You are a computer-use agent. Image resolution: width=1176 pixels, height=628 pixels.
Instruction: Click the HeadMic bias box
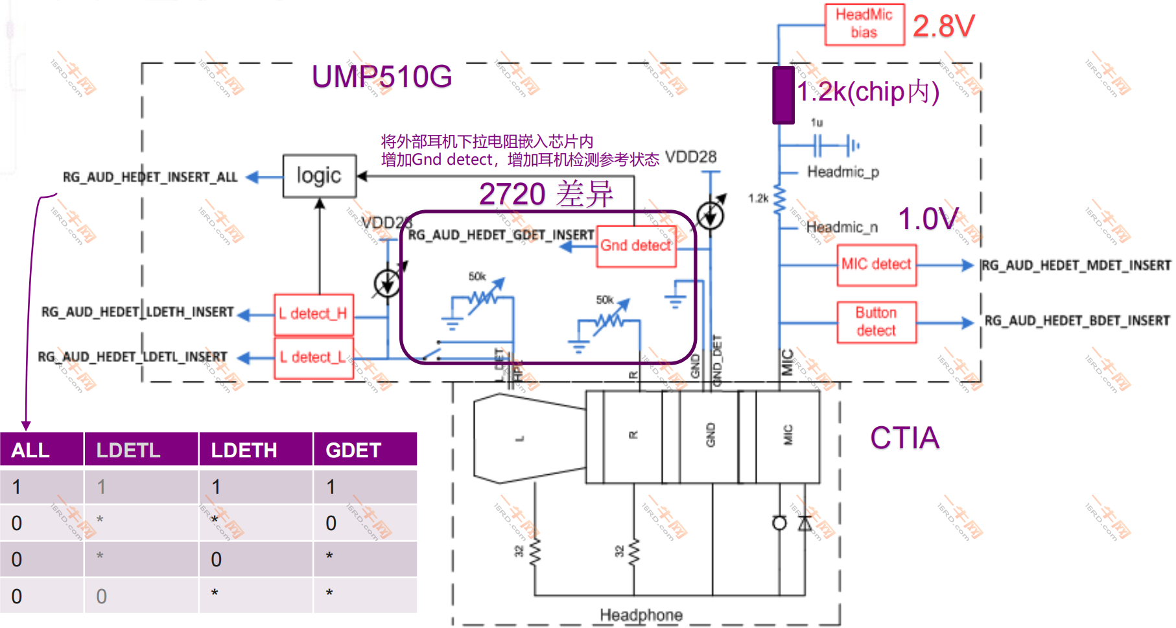click(x=864, y=24)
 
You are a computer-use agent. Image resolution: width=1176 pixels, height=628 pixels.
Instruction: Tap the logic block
click(x=319, y=176)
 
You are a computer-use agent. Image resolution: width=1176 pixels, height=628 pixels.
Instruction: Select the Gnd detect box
click(x=636, y=246)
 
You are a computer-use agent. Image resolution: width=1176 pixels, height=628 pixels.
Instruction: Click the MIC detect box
click(x=876, y=265)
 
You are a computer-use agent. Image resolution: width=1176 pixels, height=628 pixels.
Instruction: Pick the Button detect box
click(x=876, y=322)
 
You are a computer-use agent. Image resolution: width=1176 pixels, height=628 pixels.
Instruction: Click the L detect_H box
click(x=313, y=314)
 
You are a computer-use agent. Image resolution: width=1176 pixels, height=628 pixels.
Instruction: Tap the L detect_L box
click(x=313, y=357)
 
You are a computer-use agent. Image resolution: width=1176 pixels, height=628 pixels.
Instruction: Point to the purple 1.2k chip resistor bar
click(x=783, y=95)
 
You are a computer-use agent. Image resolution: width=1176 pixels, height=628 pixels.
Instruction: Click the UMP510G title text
click(x=381, y=77)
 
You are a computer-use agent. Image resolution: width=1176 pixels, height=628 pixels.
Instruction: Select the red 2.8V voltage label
click(x=943, y=27)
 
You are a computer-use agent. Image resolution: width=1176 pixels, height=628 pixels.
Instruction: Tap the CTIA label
click(x=904, y=438)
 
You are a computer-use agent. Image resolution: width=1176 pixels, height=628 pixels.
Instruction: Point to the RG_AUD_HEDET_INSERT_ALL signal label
click(x=150, y=177)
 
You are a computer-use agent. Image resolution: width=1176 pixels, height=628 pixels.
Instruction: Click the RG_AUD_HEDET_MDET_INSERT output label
click(x=1076, y=265)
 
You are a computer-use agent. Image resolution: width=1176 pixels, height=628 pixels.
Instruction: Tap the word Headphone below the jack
click(x=641, y=614)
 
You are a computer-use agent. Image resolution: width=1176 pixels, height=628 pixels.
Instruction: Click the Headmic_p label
click(x=842, y=172)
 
